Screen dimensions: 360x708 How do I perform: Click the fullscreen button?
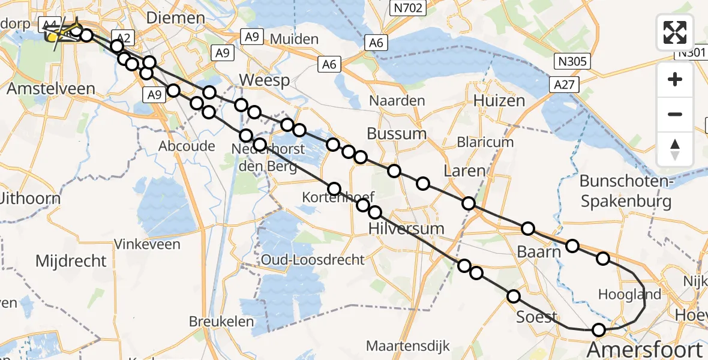(675, 32)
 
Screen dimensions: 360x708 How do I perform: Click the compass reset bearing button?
(675, 149)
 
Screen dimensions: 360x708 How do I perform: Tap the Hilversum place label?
(406, 229)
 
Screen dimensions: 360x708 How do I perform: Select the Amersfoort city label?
(644, 350)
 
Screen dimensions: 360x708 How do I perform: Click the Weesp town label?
(264, 80)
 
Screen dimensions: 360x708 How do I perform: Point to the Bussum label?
(397, 133)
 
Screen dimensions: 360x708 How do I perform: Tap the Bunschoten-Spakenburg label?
(626, 191)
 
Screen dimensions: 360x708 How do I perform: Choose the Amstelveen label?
(51, 89)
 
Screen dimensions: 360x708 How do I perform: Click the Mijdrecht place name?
(71, 261)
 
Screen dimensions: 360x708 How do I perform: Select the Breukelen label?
(221, 322)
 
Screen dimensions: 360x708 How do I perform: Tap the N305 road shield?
(573, 61)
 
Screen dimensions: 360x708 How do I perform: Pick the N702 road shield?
(407, 8)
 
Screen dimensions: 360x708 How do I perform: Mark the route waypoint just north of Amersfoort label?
(598, 329)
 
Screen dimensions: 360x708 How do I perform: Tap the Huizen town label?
(499, 101)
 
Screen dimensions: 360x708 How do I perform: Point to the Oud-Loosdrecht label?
(312, 260)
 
